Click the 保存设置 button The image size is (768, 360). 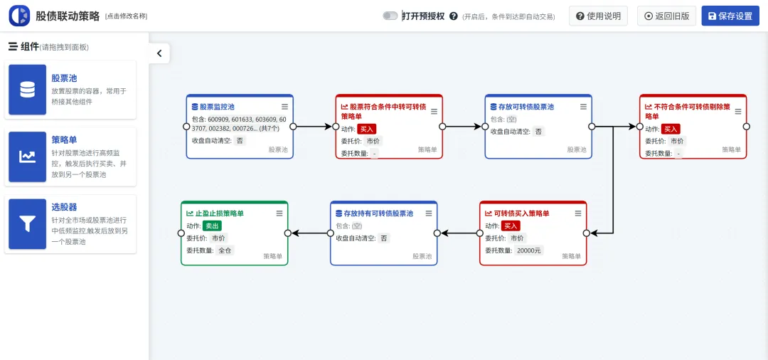tap(730, 16)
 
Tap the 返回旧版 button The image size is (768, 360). tap(666, 16)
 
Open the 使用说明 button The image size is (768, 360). tap(598, 16)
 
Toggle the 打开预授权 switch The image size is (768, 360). tap(390, 16)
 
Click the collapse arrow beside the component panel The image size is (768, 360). tap(159, 53)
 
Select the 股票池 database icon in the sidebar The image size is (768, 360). tap(28, 90)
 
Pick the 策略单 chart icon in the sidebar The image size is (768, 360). tap(28, 157)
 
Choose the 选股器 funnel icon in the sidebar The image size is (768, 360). tap(28, 224)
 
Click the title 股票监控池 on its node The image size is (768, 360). tap(217, 107)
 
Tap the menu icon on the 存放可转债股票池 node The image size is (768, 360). tap(583, 107)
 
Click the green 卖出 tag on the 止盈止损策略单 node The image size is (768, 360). tap(213, 226)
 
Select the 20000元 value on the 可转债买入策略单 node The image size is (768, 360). tap(528, 250)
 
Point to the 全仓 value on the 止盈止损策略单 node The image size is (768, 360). tap(225, 250)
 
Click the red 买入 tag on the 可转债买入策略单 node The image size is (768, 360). tap(511, 226)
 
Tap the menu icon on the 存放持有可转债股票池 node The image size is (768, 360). tap(429, 213)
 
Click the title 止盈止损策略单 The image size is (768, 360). tap(219, 213)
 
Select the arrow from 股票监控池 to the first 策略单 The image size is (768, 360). tap(314, 127)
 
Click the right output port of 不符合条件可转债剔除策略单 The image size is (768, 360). tap(746, 127)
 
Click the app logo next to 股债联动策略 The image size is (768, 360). tap(19, 16)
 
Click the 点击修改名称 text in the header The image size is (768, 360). tap(126, 16)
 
